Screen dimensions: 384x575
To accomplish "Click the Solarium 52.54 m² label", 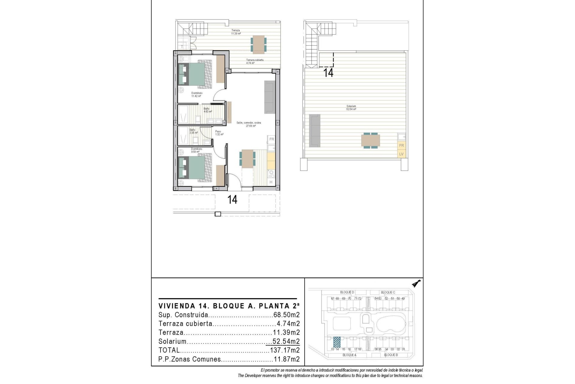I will (x=351, y=108).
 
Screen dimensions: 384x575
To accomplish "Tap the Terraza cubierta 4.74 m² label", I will (x=255, y=61).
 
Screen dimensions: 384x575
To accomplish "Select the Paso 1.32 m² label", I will (x=219, y=133).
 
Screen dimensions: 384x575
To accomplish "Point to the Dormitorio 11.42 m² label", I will (x=197, y=94).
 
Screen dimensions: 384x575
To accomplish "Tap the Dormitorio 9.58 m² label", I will (x=196, y=150).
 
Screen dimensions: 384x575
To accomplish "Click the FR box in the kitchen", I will (x=272, y=139).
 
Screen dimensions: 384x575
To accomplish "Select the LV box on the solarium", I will (x=401, y=154).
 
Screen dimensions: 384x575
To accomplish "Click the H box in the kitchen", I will (x=271, y=182).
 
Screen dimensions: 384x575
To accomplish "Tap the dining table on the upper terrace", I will (x=258, y=44).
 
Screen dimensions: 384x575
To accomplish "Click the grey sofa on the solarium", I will (x=315, y=130).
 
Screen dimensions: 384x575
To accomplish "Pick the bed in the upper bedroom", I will (x=195, y=74).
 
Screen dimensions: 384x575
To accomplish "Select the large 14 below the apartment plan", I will (x=232, y=199).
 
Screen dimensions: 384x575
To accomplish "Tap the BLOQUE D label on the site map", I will (x=347, y=292).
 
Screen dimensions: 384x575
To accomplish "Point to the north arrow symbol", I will (x=416, y=283).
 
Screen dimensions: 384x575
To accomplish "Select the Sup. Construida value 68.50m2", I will (x=287, y=315).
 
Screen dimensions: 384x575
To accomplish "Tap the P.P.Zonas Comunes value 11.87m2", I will (x=287, y=359).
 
